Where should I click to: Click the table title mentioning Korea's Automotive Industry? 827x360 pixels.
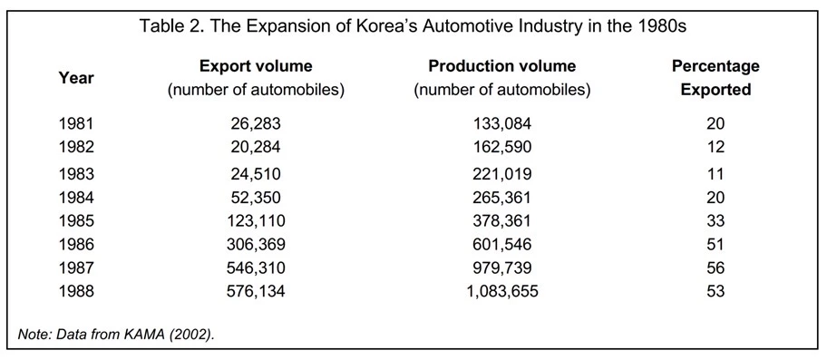click(413, 26)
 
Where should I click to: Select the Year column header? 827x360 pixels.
click(75, 78)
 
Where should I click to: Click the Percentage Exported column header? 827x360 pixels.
click(715, 78)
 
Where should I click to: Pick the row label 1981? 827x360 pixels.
click(76, 123)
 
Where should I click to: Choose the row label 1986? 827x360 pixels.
click(76, 245)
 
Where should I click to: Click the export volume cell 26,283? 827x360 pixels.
click(256, 123)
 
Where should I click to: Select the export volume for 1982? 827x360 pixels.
click(256, 147)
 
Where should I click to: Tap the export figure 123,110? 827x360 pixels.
click(256, 221)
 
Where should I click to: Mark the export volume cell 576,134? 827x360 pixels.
click(256, 291)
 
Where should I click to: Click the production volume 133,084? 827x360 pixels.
click(502, 123)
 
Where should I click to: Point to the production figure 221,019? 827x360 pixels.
click(502, 174)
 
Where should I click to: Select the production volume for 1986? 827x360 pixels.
click(502, 245)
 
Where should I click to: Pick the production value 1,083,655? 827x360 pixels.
click(502, 291)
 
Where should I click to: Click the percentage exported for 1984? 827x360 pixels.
click(715, 198)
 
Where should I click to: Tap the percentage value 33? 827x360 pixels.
click(715, 221)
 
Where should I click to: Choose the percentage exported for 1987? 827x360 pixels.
click(715, 268)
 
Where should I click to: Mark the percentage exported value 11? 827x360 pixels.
click(715, 174)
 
